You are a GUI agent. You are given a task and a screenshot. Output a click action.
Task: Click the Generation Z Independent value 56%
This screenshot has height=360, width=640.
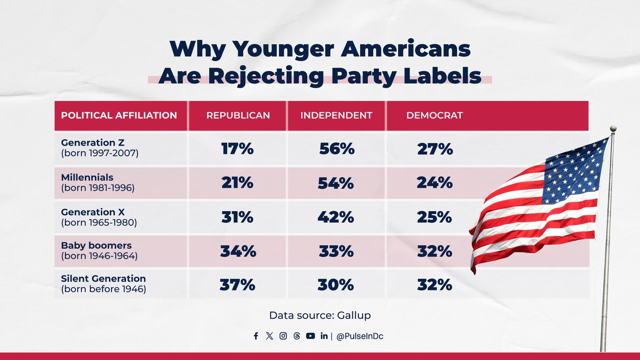click(x=337, y=149)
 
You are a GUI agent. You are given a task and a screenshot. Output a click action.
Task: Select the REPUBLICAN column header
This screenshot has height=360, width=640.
click(x=238, y=116)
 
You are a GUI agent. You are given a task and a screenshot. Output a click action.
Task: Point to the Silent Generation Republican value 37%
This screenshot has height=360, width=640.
click(x=237, y=285)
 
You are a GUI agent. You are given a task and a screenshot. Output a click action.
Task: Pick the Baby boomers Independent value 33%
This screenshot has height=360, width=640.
click(x=336, y=252)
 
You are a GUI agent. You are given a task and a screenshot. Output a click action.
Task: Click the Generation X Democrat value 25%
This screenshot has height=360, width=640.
click(x=434, y=217)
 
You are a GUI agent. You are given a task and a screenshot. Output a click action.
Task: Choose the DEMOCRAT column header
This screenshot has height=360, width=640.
click(x=434, y=116)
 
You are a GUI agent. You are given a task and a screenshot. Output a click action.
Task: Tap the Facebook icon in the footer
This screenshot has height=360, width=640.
click(x=256, y=336)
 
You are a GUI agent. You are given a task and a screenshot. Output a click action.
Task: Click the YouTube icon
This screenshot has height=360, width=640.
click(x=310, y=336)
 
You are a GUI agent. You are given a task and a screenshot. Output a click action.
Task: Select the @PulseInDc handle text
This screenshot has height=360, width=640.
click(x=360, y=336)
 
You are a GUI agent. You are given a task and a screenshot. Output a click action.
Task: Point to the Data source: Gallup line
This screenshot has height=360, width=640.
click(x=320, y=316)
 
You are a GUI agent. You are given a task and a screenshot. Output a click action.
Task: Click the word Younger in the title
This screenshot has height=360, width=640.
click(x=283, y=50)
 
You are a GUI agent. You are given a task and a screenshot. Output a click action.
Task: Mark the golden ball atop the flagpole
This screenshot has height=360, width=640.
click(x=613, y=128)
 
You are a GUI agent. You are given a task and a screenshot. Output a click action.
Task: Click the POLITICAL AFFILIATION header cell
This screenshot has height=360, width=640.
click(x=119, y=116)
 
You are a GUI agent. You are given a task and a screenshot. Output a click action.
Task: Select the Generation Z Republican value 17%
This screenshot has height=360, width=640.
click(x=237, y=149)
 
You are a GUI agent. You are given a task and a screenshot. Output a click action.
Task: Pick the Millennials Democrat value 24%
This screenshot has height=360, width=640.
click(x=434, y=183)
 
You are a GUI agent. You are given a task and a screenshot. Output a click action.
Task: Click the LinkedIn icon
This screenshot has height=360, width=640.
click(x=324, y=336)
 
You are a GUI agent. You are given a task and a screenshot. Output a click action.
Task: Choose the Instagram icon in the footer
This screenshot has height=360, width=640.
click(x=283, y=336)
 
